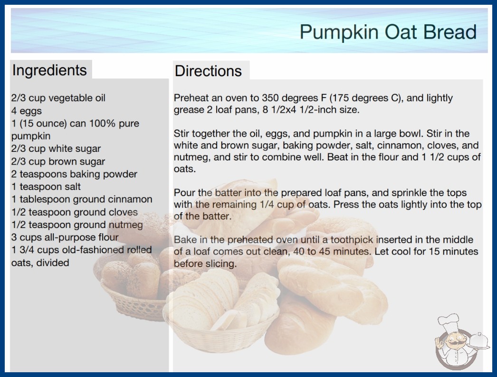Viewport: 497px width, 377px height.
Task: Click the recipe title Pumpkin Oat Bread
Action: [388, 32]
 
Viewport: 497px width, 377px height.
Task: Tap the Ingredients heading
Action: [49, 70]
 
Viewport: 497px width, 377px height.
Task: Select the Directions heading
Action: [208, 71]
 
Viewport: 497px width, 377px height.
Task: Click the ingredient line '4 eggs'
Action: [27, 111]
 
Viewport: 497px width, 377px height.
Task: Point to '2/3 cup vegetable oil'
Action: [58, 98]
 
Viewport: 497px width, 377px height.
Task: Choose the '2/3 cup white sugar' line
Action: [56, 149]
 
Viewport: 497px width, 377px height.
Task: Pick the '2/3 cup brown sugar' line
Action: [58, 161]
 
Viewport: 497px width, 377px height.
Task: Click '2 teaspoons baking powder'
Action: [75, 174]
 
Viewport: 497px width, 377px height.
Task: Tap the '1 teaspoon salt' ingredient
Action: [46, 187]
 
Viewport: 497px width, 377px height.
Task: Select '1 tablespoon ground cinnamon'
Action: [82, 199]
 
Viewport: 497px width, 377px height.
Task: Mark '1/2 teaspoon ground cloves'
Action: [75, 212]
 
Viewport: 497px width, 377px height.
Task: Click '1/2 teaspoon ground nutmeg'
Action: [77, 225]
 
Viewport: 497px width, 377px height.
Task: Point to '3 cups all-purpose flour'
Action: [65, 237]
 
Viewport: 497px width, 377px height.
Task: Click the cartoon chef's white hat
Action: [448, 322]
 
